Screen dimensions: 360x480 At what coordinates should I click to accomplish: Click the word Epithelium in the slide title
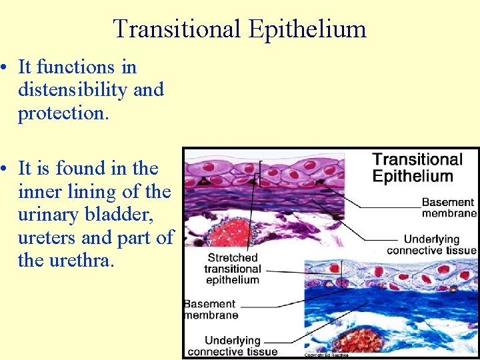(x=307, y=29)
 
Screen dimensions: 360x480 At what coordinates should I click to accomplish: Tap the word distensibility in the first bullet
(x=73, y=90)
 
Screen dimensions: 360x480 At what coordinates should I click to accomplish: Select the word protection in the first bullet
(x=61, y=113)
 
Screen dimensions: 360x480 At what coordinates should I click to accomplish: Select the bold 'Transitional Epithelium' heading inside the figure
(x=417, y=167)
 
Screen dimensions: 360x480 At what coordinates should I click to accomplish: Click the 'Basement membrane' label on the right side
(x=449, y=207)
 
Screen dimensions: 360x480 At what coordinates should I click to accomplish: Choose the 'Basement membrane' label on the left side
(x=211, y=309)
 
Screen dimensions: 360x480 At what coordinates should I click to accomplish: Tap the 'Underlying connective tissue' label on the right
(x=432, y=245)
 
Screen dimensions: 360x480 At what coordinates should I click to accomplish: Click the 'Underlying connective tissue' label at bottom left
(x=233, y=346)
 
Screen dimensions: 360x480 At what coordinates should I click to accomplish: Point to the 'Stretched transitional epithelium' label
(x=233, y=269)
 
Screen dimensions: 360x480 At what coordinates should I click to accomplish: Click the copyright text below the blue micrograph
(x=326, y=355)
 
